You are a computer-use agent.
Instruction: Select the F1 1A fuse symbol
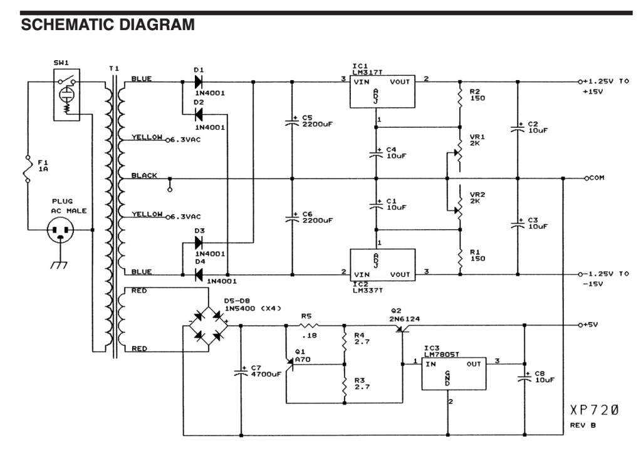28,168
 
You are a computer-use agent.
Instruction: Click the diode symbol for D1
199,82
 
